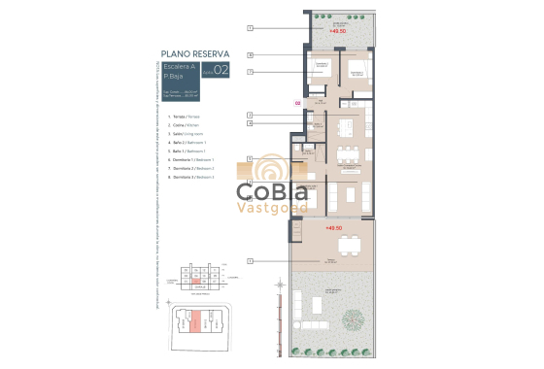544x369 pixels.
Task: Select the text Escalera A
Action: point(180,66)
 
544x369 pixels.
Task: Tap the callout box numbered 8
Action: point(250,55)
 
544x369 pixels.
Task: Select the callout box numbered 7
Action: point(250,72)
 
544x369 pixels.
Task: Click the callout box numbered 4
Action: point(250,123)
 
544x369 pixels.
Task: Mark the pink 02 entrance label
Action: point(297,102)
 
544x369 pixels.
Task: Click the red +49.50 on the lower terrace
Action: point(335,230)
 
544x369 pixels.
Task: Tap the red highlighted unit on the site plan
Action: point(194,320)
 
